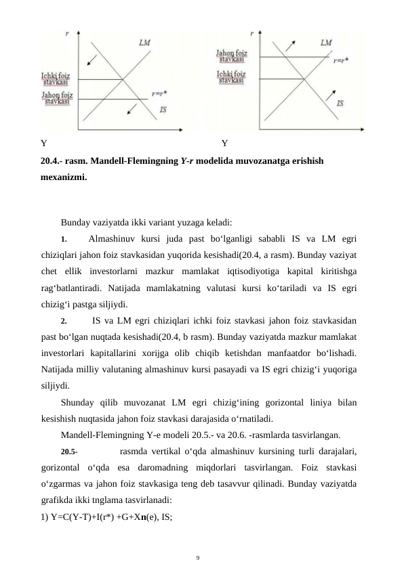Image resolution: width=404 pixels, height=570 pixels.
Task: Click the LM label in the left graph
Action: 144,42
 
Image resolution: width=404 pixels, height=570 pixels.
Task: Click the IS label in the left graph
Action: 163,109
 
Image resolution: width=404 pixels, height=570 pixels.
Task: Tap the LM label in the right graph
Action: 326,42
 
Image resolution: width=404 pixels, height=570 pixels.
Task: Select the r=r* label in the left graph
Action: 161,94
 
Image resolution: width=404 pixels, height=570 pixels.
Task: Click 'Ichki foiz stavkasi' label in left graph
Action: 56,79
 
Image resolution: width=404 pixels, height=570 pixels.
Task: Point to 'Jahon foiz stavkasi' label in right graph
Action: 232,55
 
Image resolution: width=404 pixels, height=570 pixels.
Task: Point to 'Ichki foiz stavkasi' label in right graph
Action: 232,77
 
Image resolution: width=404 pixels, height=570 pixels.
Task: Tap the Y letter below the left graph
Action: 43,144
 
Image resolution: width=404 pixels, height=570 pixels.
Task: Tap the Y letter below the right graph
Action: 224,144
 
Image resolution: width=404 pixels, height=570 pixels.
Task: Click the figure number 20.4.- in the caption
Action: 52,162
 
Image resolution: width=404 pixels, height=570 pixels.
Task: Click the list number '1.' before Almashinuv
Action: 64,239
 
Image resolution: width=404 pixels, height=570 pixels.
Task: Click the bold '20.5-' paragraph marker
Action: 69,450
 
